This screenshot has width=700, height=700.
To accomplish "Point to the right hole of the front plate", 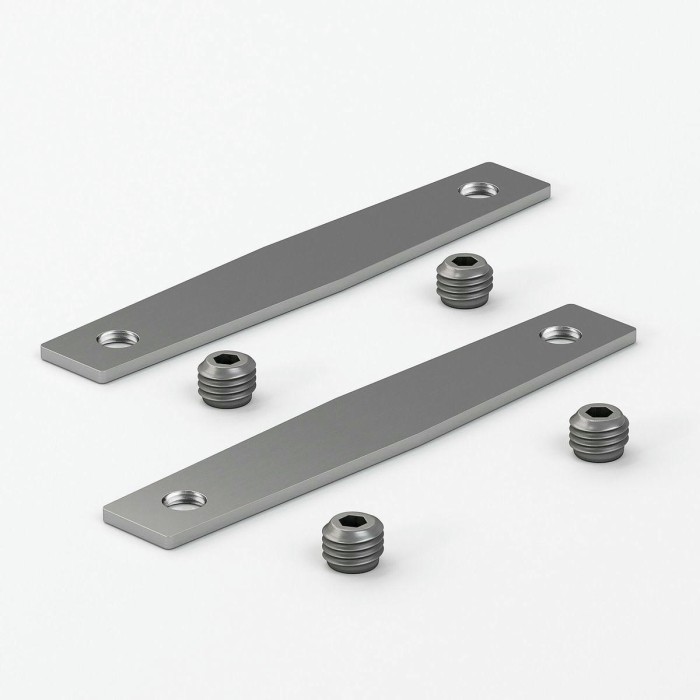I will coord(559,333).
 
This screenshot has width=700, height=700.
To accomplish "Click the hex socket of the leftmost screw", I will coord(223,362).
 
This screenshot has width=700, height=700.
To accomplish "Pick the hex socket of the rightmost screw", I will coord(597,412).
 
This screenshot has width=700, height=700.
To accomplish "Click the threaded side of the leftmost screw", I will coord(223,388).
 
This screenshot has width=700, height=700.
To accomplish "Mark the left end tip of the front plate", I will coord(106,513).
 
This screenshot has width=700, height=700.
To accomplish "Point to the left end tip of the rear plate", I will coord(43,353).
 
